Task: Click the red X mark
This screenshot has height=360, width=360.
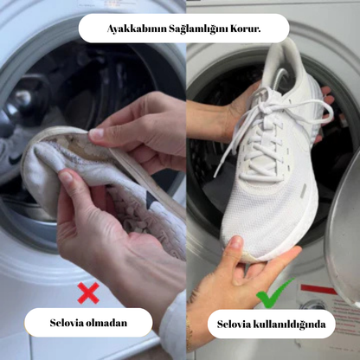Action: (88, 292)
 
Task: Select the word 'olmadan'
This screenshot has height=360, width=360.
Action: (108, 323)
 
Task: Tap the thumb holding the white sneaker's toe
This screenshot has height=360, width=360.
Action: (235, 249)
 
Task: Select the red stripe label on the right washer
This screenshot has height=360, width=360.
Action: (318, 289)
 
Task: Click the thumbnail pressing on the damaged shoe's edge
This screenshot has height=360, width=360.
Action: (96, 133)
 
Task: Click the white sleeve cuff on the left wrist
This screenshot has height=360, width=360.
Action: (173, 320)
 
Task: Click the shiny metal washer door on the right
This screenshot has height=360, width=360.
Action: (344, 236)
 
